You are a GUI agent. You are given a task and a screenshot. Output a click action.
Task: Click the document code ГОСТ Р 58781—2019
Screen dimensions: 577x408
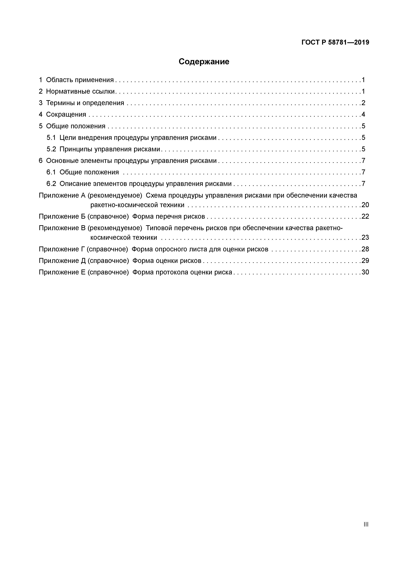point(335,42)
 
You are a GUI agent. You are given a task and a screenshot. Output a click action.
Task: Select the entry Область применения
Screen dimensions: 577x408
point(80,80)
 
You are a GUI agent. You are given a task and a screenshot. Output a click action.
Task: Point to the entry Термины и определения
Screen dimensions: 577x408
point(85,103)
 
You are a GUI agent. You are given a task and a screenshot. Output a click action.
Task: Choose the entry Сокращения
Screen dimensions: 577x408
point(66,115)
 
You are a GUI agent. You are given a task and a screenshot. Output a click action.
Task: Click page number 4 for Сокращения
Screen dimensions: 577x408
point(363,115)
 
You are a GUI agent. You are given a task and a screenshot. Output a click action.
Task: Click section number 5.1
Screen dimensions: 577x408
point(51,138)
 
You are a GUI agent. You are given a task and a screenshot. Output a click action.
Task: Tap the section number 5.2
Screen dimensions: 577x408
point(51,149)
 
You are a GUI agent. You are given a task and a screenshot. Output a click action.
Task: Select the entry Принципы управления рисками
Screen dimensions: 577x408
point(110,149)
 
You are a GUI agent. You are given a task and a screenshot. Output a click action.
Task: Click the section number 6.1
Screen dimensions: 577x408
point(51,172)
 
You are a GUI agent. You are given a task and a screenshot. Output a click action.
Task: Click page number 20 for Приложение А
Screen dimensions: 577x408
point(365,205)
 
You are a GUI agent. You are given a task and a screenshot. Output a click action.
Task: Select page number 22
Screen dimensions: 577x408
point(365,217)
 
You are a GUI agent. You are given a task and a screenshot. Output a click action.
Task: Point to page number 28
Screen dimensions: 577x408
point(365,249)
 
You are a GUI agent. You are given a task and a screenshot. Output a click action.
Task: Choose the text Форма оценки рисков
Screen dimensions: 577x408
point(167,261)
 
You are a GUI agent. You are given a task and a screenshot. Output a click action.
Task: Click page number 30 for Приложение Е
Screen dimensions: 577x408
point(365,272)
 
